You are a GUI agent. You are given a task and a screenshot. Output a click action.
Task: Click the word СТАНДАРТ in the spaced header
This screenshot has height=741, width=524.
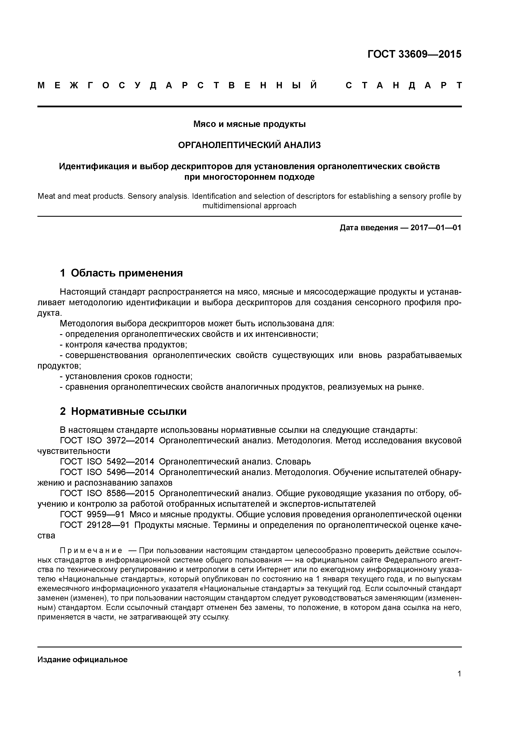tap(404, 86)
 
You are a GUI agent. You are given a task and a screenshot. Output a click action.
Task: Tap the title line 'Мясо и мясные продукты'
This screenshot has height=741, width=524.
tap(249, 124)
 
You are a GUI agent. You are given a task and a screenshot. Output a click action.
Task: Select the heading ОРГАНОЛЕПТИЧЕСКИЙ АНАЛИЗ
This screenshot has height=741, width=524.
tap(249, 145)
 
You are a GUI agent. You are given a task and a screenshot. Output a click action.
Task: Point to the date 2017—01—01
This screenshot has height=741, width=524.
tap(435, 228)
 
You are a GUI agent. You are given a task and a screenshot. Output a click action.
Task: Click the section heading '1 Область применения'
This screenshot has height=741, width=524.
tap(121, 273)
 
